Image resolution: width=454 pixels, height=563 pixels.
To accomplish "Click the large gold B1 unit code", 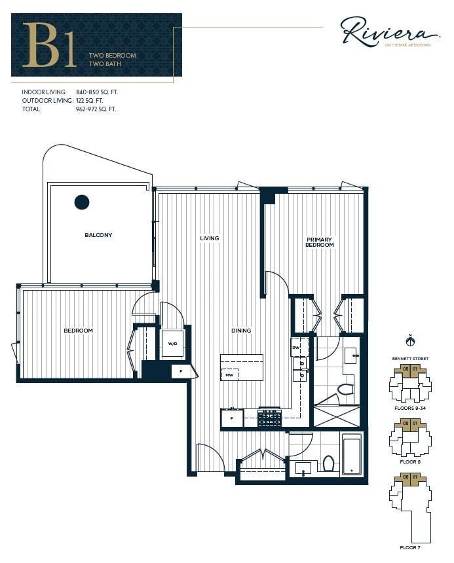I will point(49,45).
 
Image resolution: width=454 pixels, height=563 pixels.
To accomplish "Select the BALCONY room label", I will point(98,235).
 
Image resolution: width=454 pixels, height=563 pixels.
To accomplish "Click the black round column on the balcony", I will point(82,202).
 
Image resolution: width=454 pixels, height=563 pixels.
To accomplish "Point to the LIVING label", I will point(210,238).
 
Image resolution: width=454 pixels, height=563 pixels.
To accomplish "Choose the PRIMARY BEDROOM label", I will point(320,242).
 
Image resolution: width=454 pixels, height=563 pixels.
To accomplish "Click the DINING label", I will point(241,331).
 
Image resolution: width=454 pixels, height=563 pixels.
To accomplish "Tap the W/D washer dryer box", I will point(173,344).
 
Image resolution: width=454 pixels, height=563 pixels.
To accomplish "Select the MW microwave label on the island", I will point(229,376).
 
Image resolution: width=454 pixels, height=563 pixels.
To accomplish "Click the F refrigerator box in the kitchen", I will point(232,418).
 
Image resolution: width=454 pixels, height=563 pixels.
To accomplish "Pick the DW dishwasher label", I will point(295,347).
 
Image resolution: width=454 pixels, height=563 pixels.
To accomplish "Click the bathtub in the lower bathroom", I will point(352,456).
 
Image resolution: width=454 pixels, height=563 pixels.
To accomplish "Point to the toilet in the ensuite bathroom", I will point(345,390).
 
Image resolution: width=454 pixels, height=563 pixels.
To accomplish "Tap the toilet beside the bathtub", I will point(329,463).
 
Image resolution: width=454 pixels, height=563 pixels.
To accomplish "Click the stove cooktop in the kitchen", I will point(269,418).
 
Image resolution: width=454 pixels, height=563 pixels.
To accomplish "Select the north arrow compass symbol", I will point(410,341).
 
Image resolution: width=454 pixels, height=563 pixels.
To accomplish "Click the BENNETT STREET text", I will point(410,359).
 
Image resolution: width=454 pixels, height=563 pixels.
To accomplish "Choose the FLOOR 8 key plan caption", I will point(410,462).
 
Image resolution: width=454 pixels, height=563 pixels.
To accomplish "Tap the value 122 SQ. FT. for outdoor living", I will point(90,101).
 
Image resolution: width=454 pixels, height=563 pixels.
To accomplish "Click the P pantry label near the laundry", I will point(181,371).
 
